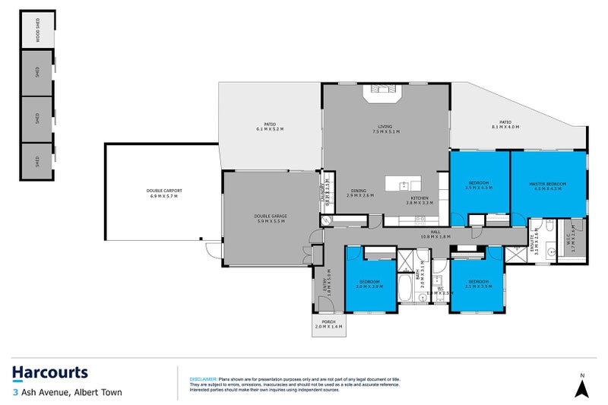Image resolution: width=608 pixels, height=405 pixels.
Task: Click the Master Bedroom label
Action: (548, 186)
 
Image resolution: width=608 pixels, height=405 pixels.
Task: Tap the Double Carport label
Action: (161, 193)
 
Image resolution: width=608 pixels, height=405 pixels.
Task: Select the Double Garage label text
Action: (269, 219)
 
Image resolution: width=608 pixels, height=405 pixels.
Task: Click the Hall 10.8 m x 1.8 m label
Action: (435, 235)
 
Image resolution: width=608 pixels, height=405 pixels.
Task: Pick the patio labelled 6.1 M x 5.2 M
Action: (270, 126)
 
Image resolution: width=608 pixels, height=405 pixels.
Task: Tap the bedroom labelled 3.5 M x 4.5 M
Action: (478, 186)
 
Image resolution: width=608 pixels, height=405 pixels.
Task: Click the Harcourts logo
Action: (50, 372)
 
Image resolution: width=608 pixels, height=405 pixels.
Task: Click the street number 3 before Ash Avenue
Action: (14, 393)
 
